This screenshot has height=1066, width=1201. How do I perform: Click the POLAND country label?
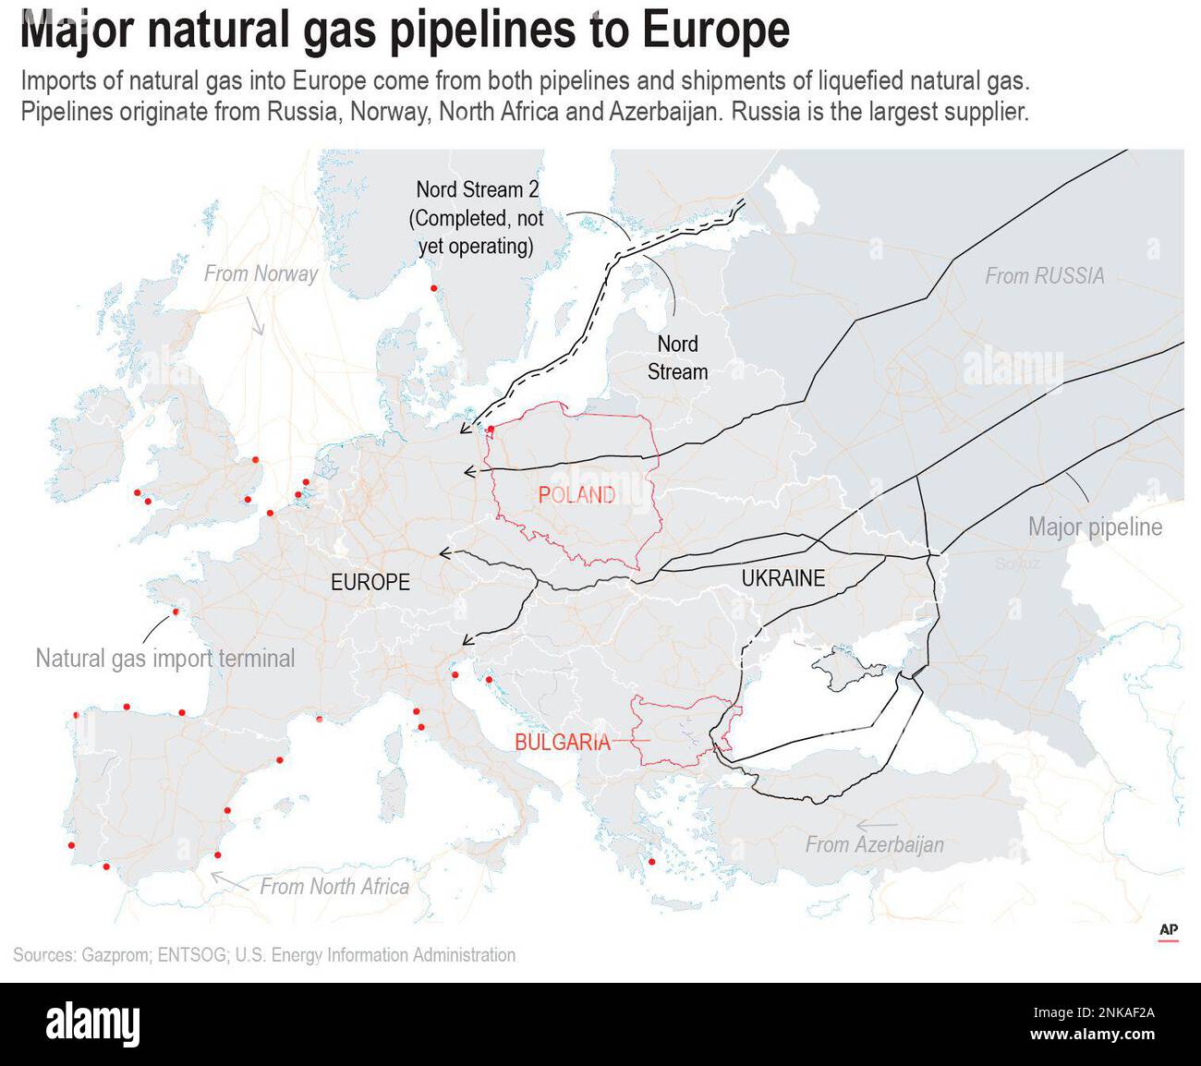point(576,495)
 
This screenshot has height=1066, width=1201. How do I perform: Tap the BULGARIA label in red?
point(563,742)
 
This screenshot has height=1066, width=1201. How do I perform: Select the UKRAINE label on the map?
point(782,578)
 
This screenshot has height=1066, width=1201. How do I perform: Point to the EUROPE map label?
point(370,582)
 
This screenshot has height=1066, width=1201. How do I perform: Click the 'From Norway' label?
point(261,273)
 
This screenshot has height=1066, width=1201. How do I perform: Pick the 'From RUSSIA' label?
point(1044,275)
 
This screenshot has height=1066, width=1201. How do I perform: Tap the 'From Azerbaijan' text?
point(874,844)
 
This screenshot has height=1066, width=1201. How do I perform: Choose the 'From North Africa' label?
point(334,887)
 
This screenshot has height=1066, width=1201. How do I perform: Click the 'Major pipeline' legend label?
point(1095,527)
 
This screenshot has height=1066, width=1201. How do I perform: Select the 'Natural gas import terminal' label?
point(165,659)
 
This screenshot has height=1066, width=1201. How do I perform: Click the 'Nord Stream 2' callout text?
point(477,190)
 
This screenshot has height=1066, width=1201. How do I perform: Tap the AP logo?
point(1168,930)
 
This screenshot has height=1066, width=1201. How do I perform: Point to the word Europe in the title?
point(716,30)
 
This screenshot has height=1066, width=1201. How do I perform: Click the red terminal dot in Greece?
point(652,863)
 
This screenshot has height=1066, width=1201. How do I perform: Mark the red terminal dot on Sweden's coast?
point(434,289)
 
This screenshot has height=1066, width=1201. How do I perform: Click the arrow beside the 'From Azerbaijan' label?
point(876,825)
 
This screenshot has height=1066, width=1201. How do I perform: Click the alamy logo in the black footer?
point(92,1024)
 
